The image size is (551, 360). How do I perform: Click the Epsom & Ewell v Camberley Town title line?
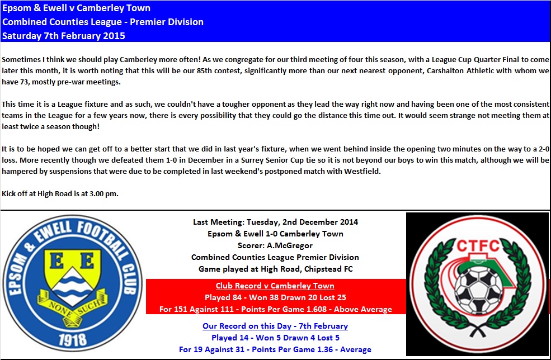pos(76,8)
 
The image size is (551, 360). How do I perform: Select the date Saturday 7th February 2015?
pos(64,36)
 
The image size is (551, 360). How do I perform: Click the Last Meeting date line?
pos(275,222)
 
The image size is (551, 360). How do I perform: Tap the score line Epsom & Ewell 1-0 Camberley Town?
pos(275,233)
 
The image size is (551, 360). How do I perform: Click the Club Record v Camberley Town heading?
pos(275,286)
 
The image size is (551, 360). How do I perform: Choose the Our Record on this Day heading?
pos(275,326)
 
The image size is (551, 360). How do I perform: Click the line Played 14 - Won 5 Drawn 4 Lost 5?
pos(275,338)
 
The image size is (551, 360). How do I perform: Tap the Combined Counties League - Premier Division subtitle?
pos(103,22)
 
